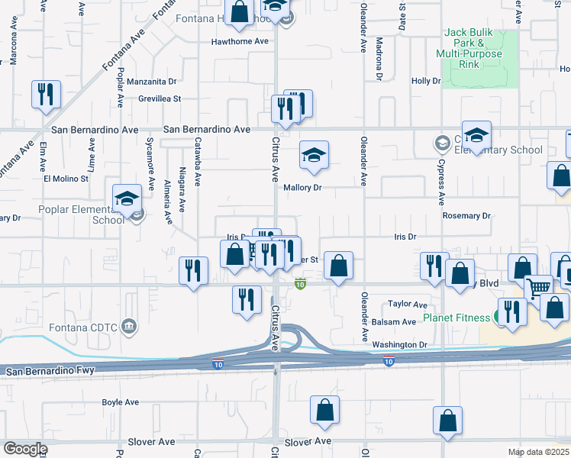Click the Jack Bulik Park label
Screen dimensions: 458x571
(x=469, y=44)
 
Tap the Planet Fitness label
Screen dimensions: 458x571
(x=459, y=318)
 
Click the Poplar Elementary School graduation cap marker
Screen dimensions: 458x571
(x=125, y=200)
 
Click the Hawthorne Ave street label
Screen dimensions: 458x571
(x=241, y=41)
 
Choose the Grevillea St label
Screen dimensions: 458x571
(x=160, y=98)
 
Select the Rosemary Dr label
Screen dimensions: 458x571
(x=466, y=216)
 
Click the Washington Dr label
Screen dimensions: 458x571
(x=400, y=345)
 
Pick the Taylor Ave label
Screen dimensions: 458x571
(x=407, y=304)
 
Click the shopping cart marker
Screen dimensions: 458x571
(x=538, y=289)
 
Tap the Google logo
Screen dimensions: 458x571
(x=24, y=449)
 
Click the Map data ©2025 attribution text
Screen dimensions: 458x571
(x=538, y=452)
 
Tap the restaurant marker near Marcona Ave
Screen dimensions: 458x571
(x=46, y=95)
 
